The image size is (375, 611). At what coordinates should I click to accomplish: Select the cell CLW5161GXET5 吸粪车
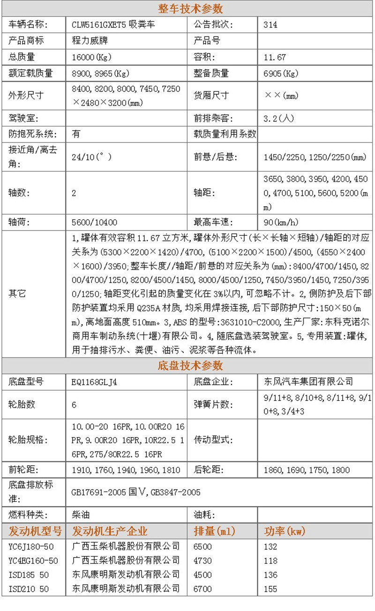click(113, 25)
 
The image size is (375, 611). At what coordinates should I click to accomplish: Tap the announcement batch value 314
click(270, 25)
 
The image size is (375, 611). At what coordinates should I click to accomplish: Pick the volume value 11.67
click(275, 57)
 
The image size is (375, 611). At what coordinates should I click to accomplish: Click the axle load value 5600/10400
click(95, 222)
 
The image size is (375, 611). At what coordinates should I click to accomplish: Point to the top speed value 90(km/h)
click(281, 222)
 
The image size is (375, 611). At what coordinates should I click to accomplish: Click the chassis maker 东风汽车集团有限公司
click(308, 382)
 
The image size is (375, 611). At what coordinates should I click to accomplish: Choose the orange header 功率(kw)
click(285, 531)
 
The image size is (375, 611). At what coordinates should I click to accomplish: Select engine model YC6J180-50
click(31, 547)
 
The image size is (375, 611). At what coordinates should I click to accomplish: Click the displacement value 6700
click(202, 589)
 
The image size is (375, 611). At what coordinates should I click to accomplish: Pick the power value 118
click(270, 561)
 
